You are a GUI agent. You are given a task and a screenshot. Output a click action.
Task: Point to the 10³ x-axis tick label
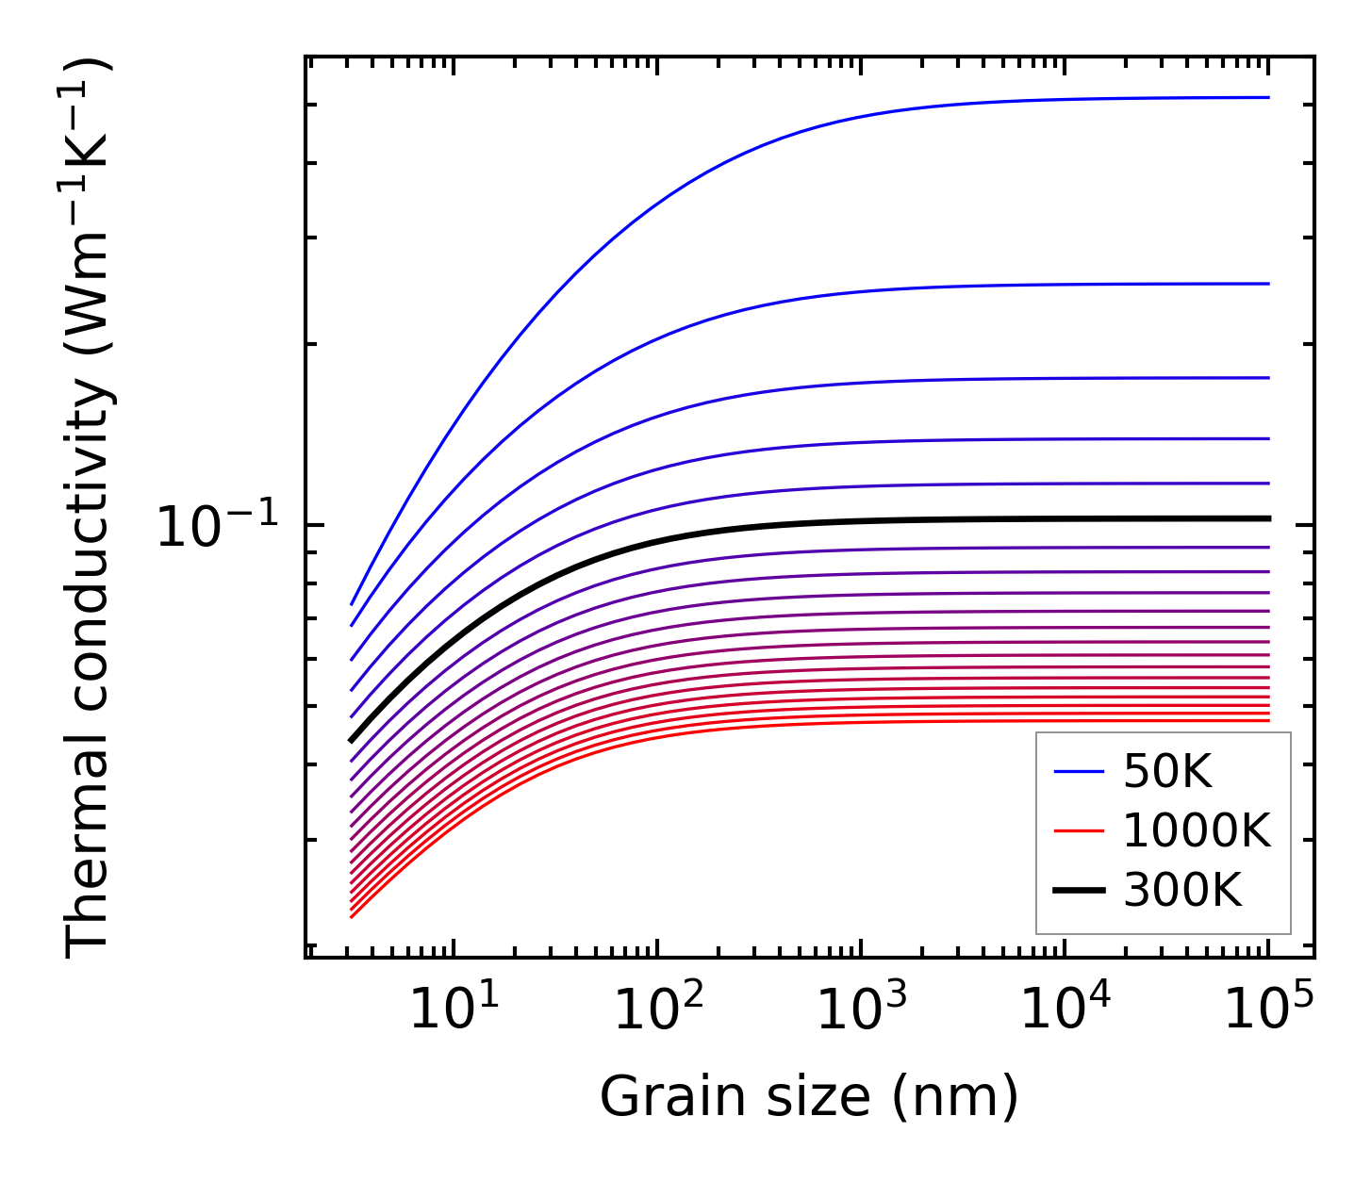coord(861,1010)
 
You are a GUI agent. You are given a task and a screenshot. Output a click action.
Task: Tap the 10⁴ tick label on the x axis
coord(1065,1010)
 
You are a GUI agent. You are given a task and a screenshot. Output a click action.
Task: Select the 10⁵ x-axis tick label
coord(1268,1010)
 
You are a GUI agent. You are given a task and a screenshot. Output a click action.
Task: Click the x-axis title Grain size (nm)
coord(809,1097)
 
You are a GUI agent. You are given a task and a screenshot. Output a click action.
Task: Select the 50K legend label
coord(1167,773)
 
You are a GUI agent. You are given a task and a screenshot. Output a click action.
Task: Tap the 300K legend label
coord(1182,891)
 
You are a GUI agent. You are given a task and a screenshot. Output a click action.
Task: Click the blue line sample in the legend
coord(1079,773)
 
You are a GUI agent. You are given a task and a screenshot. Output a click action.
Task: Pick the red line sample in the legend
coord(1079,831)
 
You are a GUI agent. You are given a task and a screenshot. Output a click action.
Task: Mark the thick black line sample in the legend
coord(1079,891)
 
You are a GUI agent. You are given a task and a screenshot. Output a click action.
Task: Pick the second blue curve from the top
coord(943,286)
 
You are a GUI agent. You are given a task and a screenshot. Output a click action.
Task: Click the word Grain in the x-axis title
coord(651,1097)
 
